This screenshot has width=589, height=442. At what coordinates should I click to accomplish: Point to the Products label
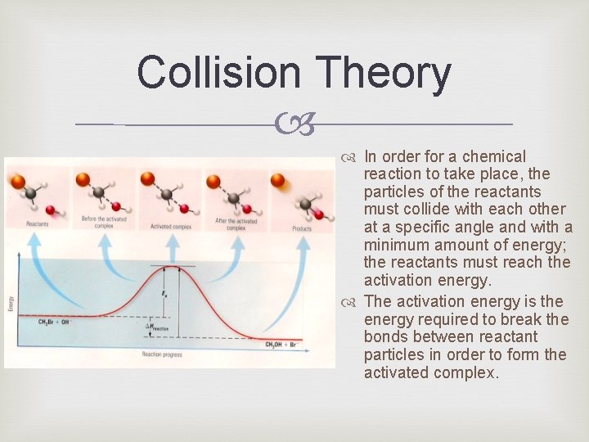click(x=302, y=228)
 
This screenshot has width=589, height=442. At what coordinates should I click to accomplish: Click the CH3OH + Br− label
click(x=285, y=344)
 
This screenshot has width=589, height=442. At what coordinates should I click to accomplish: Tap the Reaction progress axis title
click(x=162, y=354)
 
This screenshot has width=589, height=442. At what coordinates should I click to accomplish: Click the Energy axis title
click(x=11, y=304)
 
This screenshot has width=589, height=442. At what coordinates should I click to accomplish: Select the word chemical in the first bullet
click(x=494, y=156)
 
